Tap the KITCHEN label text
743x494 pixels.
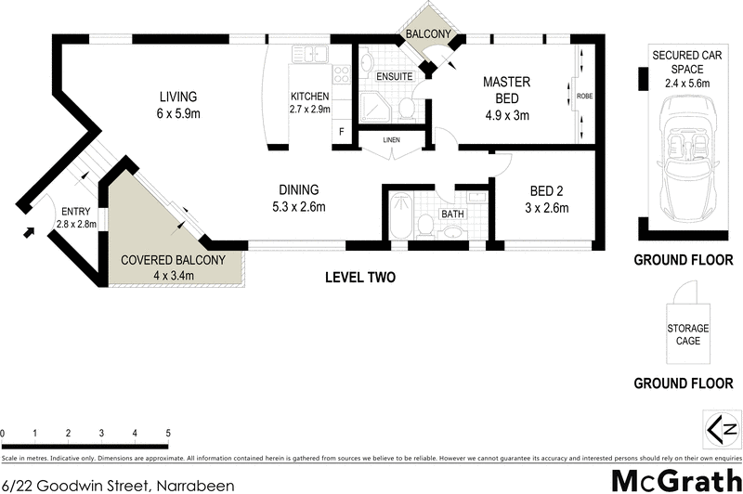click(309, 97)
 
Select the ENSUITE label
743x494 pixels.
click(395, 76)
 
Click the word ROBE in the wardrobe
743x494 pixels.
click(584, 96)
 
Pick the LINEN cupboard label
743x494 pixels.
click(391, 140)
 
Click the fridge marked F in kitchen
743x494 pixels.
click(341, 132)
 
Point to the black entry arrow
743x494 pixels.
click(28, 230)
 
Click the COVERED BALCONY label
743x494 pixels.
click(173, 261)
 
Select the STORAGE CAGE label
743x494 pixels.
click(687, 334)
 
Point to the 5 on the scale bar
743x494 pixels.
click(168, 434)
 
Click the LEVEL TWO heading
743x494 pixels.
click(360, 277)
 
